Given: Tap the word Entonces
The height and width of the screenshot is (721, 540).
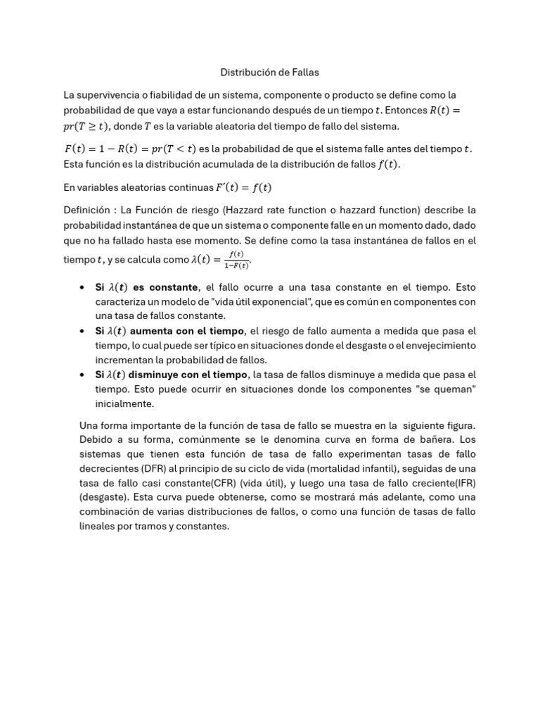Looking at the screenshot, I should (406, 110).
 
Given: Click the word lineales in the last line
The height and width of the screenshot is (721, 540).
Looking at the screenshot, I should (101, 525).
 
